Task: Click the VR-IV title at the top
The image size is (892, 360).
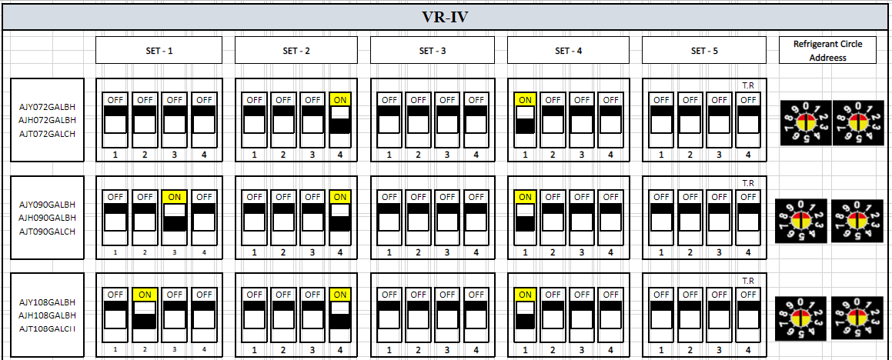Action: pos(446,17)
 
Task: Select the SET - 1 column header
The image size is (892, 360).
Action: pos(159,51)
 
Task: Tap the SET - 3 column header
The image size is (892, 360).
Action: pos(432,51)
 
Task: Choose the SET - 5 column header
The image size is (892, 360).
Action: pos(703,51)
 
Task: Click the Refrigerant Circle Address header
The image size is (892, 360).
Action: pos(827,51)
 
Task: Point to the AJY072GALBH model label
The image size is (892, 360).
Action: pos(48,107)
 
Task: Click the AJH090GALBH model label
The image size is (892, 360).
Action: pos(48,217)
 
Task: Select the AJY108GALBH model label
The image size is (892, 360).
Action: pos(48,302)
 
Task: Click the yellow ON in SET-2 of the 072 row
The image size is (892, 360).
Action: pos(340,99)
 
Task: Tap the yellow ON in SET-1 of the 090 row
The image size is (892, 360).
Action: pos(174,196)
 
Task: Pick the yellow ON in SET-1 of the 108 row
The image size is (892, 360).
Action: pos(145,294)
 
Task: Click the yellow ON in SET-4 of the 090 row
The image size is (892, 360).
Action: pos(525,196)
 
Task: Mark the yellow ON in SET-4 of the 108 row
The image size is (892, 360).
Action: pos(525,294)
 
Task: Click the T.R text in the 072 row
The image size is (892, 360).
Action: pos(747,85)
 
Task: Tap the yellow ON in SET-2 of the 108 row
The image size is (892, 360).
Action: pos(340,294)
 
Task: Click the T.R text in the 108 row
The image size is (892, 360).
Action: pos(747,281)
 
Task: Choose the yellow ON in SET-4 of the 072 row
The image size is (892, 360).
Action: pos(525,99)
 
